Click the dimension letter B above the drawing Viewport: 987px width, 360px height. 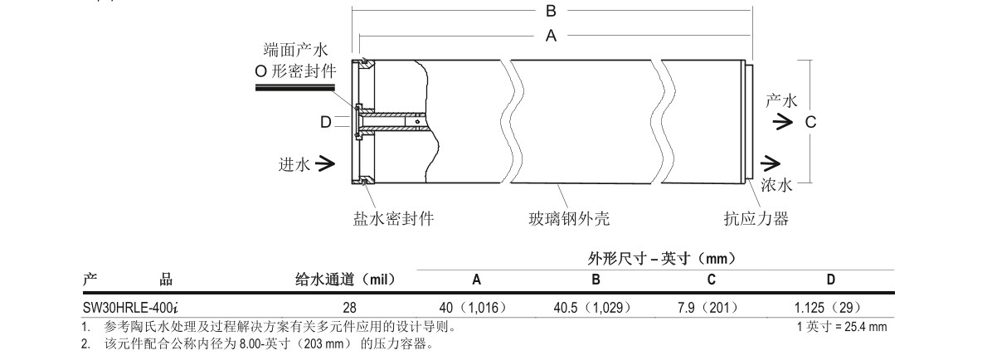coord(550,11)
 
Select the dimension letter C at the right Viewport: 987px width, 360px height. coord(811,122)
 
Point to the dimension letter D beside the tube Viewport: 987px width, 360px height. coord(326,122)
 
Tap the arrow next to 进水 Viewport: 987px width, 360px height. coord(325,163)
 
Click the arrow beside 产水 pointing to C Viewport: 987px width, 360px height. coord(781,122)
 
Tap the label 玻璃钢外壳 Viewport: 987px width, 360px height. coord(569,219)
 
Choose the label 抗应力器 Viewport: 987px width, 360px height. coord(754,219)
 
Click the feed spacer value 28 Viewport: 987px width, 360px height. coord(349,306)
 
